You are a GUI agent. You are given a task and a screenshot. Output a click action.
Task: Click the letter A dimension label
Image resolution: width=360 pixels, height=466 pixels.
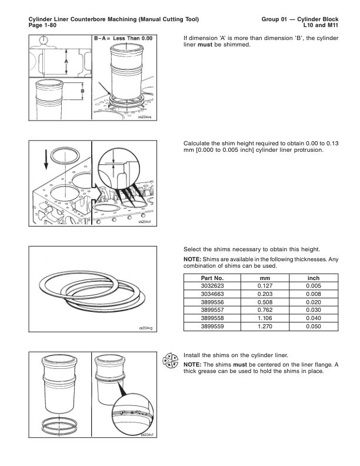coord(66,61)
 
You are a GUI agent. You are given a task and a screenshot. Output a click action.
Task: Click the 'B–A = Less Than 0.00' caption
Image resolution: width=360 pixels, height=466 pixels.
coord(124,38)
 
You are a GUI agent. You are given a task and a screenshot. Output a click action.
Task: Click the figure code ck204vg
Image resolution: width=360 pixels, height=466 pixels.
coord(145,328)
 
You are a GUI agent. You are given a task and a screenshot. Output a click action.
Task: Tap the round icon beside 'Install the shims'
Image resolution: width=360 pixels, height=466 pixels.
coord(170,360)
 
